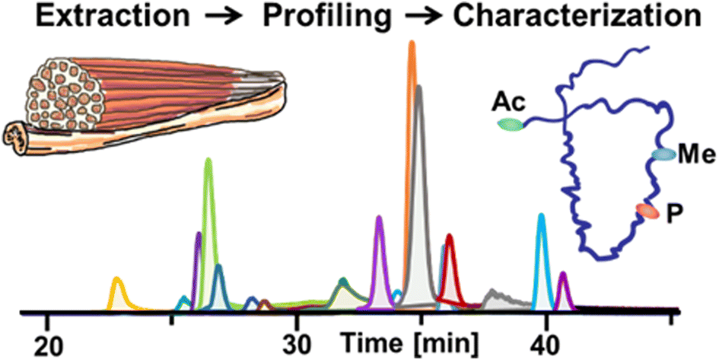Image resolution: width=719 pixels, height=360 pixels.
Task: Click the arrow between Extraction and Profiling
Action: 226,18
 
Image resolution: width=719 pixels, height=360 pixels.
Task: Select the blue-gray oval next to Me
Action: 663,155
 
